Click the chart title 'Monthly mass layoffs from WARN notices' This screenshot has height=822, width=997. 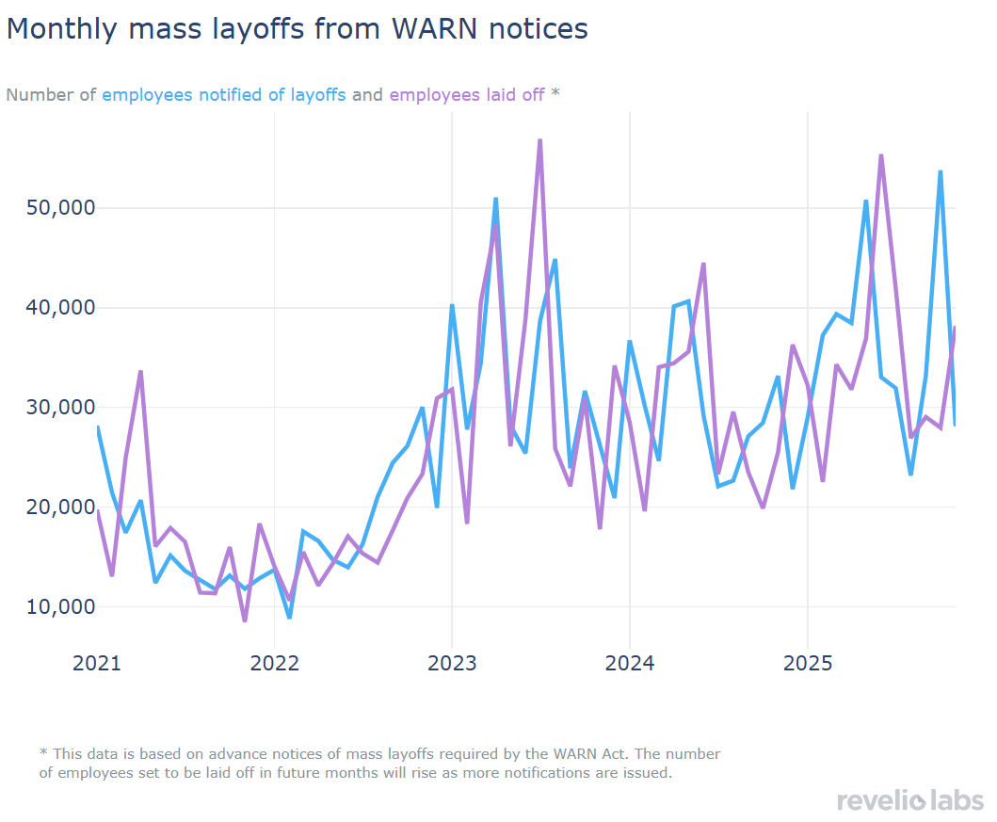click(297, 29)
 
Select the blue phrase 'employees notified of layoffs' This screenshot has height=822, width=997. click(224, 95)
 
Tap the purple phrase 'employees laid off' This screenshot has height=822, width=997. click(466, 95)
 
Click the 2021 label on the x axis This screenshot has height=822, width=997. click(97, 664)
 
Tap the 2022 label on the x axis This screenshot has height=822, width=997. click(274, 664)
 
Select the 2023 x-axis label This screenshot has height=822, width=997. click(452, 664)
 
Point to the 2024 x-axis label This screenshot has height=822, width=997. click(629, 664)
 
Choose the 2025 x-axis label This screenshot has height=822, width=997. click(807, 664)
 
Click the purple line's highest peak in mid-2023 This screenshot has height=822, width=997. click(540, 140)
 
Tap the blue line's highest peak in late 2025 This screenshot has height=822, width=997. click(941, 171)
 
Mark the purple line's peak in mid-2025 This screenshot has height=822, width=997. click(881, 155)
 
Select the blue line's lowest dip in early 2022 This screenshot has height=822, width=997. click(289, 618)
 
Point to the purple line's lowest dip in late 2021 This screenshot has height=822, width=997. click(245, 621)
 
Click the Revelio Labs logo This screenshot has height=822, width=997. click(909, 801)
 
